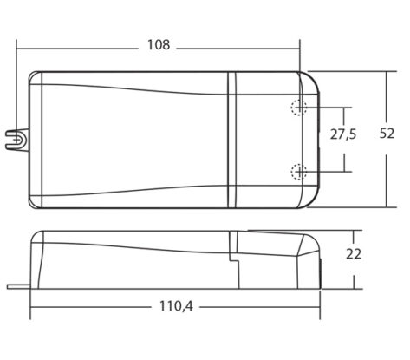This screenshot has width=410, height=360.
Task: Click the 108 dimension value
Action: coord(159,45)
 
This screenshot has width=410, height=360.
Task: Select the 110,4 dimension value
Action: coord(176,306)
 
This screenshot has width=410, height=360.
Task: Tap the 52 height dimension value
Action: coord(387,134)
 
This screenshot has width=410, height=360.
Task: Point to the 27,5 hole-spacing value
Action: coord(343,134)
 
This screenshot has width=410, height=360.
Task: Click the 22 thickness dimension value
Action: coord(354,254)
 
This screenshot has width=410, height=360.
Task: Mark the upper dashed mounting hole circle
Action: coord(298,108)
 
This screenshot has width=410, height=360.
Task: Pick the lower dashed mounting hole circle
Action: coord(298,172)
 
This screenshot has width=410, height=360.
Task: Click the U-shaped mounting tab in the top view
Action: coord(17,140)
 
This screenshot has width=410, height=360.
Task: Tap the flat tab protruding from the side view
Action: coord(19,286)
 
